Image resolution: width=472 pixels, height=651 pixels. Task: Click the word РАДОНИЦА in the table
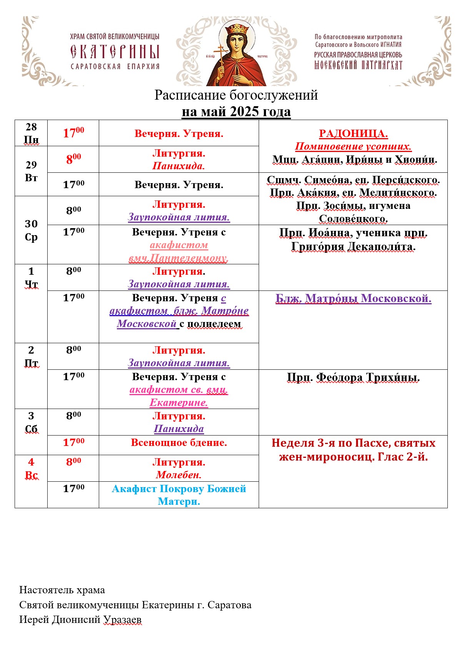[x=353, y=134]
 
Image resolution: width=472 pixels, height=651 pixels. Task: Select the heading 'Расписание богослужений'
[x=236, y=95]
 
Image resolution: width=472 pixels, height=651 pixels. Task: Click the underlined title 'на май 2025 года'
[x=236, y=112]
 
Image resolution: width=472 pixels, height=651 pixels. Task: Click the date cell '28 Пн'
[x=31, y=133]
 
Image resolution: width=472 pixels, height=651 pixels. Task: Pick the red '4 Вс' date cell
[x=31, y=468]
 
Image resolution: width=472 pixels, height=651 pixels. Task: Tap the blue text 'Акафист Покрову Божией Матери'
[x=179, y=495]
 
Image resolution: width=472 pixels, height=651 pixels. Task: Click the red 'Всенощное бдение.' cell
[x=179, y=443]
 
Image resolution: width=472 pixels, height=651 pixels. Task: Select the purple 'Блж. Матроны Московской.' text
[x=353, y=299]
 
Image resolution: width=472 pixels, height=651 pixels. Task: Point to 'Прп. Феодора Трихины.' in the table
[x=353, y=377]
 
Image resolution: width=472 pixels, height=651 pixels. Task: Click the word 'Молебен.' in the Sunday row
[x=179, y=475]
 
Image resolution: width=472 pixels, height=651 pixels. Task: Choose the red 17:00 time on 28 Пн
[x=73, y=133]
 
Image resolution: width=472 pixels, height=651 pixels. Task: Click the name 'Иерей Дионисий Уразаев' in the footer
[x=80, y=620]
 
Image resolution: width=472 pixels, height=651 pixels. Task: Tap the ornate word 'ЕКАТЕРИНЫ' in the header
[x=115, y=52]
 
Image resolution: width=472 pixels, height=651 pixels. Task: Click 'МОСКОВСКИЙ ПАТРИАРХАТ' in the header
[x=358, y=65]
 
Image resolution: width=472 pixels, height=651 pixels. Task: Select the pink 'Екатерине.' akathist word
[x=179, y=402]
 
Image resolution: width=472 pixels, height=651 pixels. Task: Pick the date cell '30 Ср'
[x=31, y=230]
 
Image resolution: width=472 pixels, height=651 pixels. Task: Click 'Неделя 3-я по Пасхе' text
[x=331, y=443]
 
